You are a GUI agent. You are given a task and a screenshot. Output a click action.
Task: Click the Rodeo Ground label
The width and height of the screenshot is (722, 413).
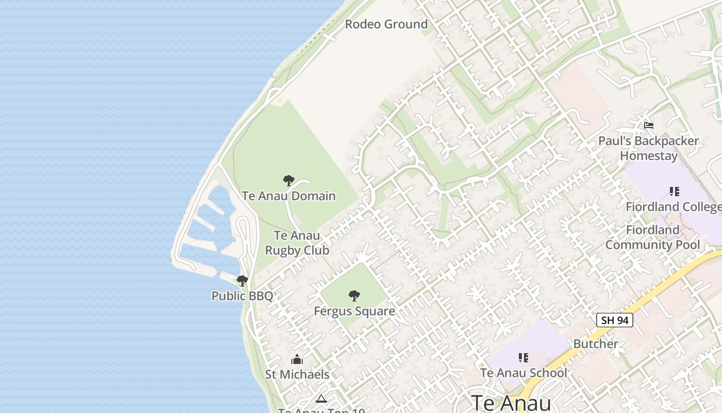coord(386,24)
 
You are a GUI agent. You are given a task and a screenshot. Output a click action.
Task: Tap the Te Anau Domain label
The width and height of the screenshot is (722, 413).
coord(289,196)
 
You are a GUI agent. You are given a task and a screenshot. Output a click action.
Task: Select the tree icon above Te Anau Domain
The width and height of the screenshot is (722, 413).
coord(289,181)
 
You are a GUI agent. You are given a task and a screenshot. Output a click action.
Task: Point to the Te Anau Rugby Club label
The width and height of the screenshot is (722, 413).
coord(297,243)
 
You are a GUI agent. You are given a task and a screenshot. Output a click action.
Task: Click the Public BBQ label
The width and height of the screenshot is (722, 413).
coord(242,296)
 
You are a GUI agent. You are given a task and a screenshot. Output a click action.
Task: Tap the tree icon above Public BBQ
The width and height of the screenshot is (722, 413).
coord(242,281)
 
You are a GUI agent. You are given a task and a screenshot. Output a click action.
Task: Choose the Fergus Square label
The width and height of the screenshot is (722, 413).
coord(354,311)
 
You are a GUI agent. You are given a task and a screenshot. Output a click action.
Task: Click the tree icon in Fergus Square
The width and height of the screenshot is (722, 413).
coord(354,296)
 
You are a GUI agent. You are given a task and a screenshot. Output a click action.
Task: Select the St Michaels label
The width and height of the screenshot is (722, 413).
coord(297,374)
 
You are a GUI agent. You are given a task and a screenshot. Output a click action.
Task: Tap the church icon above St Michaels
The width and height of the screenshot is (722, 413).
coord(297,359)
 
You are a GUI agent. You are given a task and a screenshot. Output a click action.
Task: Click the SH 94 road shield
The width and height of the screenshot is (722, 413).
coord(615,320)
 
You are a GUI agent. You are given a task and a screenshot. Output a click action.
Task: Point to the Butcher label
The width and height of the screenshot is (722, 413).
coord(596,344)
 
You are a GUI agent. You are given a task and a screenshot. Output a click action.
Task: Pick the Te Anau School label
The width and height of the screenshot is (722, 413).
coord(523,373)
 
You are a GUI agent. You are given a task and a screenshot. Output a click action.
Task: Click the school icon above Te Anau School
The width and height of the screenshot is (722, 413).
coord(523,357)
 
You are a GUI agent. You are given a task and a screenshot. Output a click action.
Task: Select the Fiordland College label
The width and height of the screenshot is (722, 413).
coord(674,207)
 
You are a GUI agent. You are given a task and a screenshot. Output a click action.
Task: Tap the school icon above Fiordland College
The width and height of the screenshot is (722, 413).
coord(674,192)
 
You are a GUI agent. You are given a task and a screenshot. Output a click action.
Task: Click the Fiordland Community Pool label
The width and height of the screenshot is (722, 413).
coord(652,237)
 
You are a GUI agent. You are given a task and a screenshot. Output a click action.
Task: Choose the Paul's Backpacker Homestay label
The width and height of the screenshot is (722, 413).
coord(649,148)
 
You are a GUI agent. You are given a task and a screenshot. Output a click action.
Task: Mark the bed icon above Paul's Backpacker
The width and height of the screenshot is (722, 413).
coord(649,125)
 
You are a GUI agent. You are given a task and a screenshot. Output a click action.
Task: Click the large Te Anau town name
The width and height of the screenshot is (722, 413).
coord(511,403)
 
